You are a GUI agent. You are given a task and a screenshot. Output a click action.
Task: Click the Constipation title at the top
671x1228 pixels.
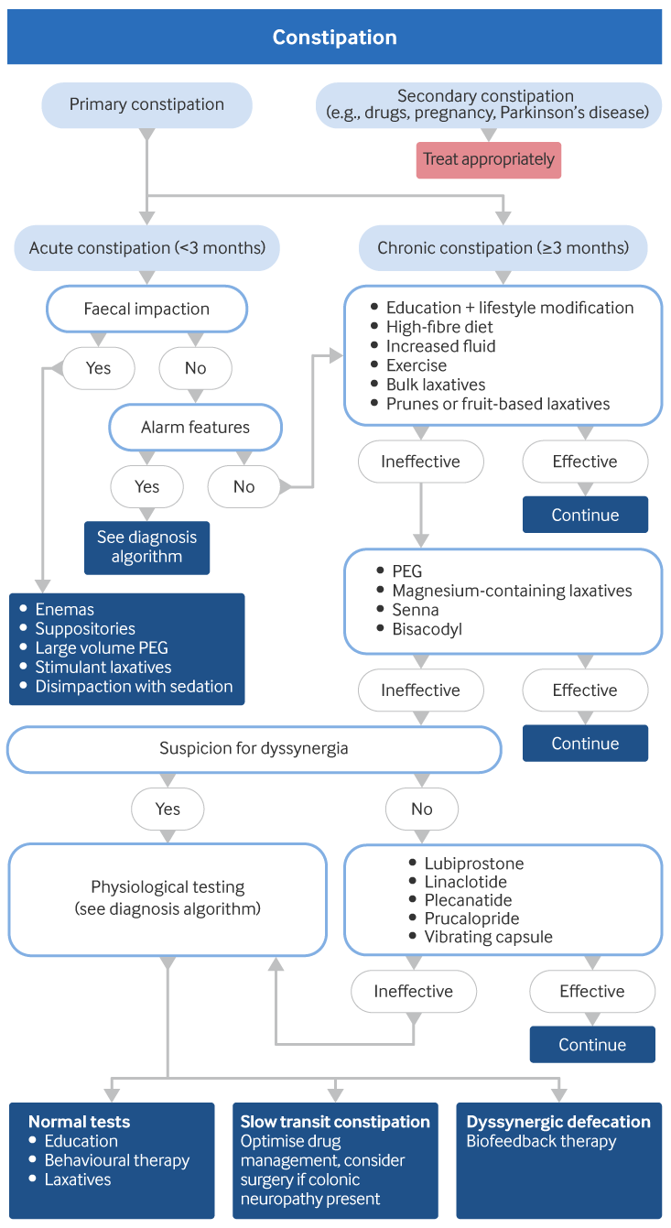pyautogui.click(x=335, y=38)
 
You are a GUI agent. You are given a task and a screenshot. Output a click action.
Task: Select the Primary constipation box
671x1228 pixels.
pyautogui.click(x=146, y=104)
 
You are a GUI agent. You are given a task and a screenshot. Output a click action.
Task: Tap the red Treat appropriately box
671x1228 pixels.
pyautogui.click(x=488, y=159)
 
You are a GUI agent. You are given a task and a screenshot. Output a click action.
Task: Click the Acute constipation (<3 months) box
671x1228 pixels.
pyautogui.click(x=146, y=248)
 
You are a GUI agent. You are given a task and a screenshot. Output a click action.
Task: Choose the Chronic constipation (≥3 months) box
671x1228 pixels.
pyautogui.click(x=503, y=248)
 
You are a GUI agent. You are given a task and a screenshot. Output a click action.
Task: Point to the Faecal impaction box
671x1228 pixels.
pyautogui.click(x=146, y=309)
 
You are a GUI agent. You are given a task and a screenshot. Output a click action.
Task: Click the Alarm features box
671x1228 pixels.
pyautogui.click(x=195, y=427)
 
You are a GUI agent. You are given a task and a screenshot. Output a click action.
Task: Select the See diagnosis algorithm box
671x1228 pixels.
pyautogui.click(x=146, y=548)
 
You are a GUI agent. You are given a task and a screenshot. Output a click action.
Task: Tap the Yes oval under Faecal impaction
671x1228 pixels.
pyautogui.click(x=98, y=368)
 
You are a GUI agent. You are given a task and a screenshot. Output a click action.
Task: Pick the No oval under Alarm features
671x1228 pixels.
pyautogui.click(x=244, y=486)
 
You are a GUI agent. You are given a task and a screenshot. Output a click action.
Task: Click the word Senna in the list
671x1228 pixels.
pyautogui.click(x=416, y=610)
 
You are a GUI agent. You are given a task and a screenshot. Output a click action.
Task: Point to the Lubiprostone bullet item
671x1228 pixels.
pyautogui.click(x=473, y=864)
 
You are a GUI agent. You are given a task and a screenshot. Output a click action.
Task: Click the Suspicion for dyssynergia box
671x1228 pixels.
pyautogui.click(x=254, y=748)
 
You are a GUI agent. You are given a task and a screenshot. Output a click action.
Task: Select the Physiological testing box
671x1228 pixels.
pyautogui.click(x=168, y=897)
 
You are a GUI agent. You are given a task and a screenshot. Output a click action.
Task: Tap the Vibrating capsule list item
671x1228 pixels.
pyautogui.click(x=488, y=937)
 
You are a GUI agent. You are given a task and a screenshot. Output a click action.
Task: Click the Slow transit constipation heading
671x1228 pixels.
pyautogui.click(x=335, y=1122)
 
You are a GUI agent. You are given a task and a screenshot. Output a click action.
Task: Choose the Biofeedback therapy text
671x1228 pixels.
pyautogui.click(x=541, y=1141)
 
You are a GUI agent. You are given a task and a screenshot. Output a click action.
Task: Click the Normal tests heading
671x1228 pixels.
pyautogui.click(x=79, y=1122)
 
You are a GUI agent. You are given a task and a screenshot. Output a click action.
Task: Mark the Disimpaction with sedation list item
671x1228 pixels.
pyautogui.click(x=134, y=686)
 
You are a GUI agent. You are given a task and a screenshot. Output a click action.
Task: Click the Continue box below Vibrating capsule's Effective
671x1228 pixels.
pyautogui.click(x=592, y=1045)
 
